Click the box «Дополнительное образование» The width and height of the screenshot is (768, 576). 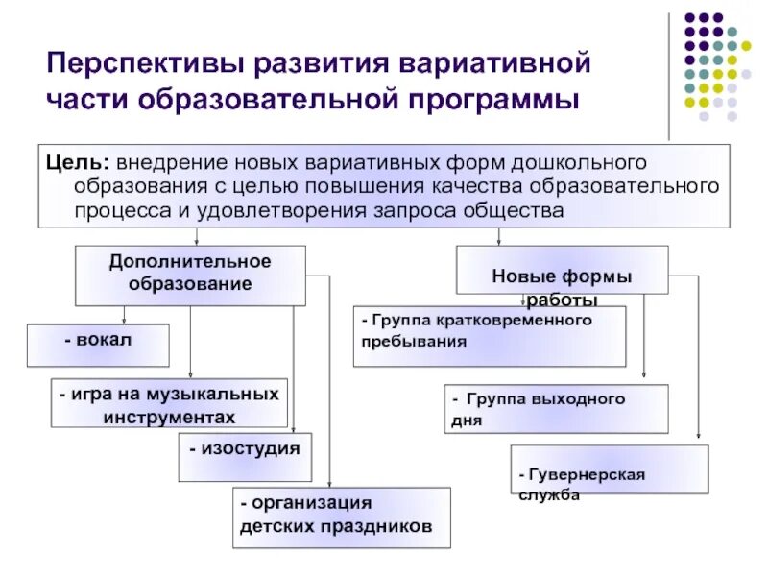pos(190,275)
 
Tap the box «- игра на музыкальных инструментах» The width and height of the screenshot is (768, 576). pos(169,403)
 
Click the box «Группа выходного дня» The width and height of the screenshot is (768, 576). pos(557,409)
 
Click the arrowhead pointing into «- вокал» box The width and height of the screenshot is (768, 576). pos(124,321)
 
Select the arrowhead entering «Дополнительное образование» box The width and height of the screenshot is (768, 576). pos(197,242)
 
